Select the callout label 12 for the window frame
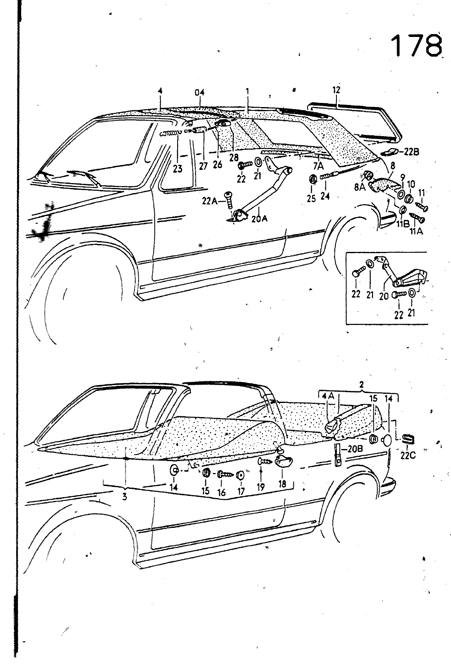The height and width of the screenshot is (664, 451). tap(336, 90)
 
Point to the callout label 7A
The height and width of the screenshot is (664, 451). tap(318, 166)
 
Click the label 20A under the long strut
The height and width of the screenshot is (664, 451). tap(259, 217)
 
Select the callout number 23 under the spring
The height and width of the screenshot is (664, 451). tap(178, 169)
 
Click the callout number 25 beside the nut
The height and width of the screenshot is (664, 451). tap(312, 198)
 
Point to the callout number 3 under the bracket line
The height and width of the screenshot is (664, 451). tap(124, 496)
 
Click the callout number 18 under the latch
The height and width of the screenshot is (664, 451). tap(283, 484)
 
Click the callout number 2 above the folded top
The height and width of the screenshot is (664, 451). tap(361, 385)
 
